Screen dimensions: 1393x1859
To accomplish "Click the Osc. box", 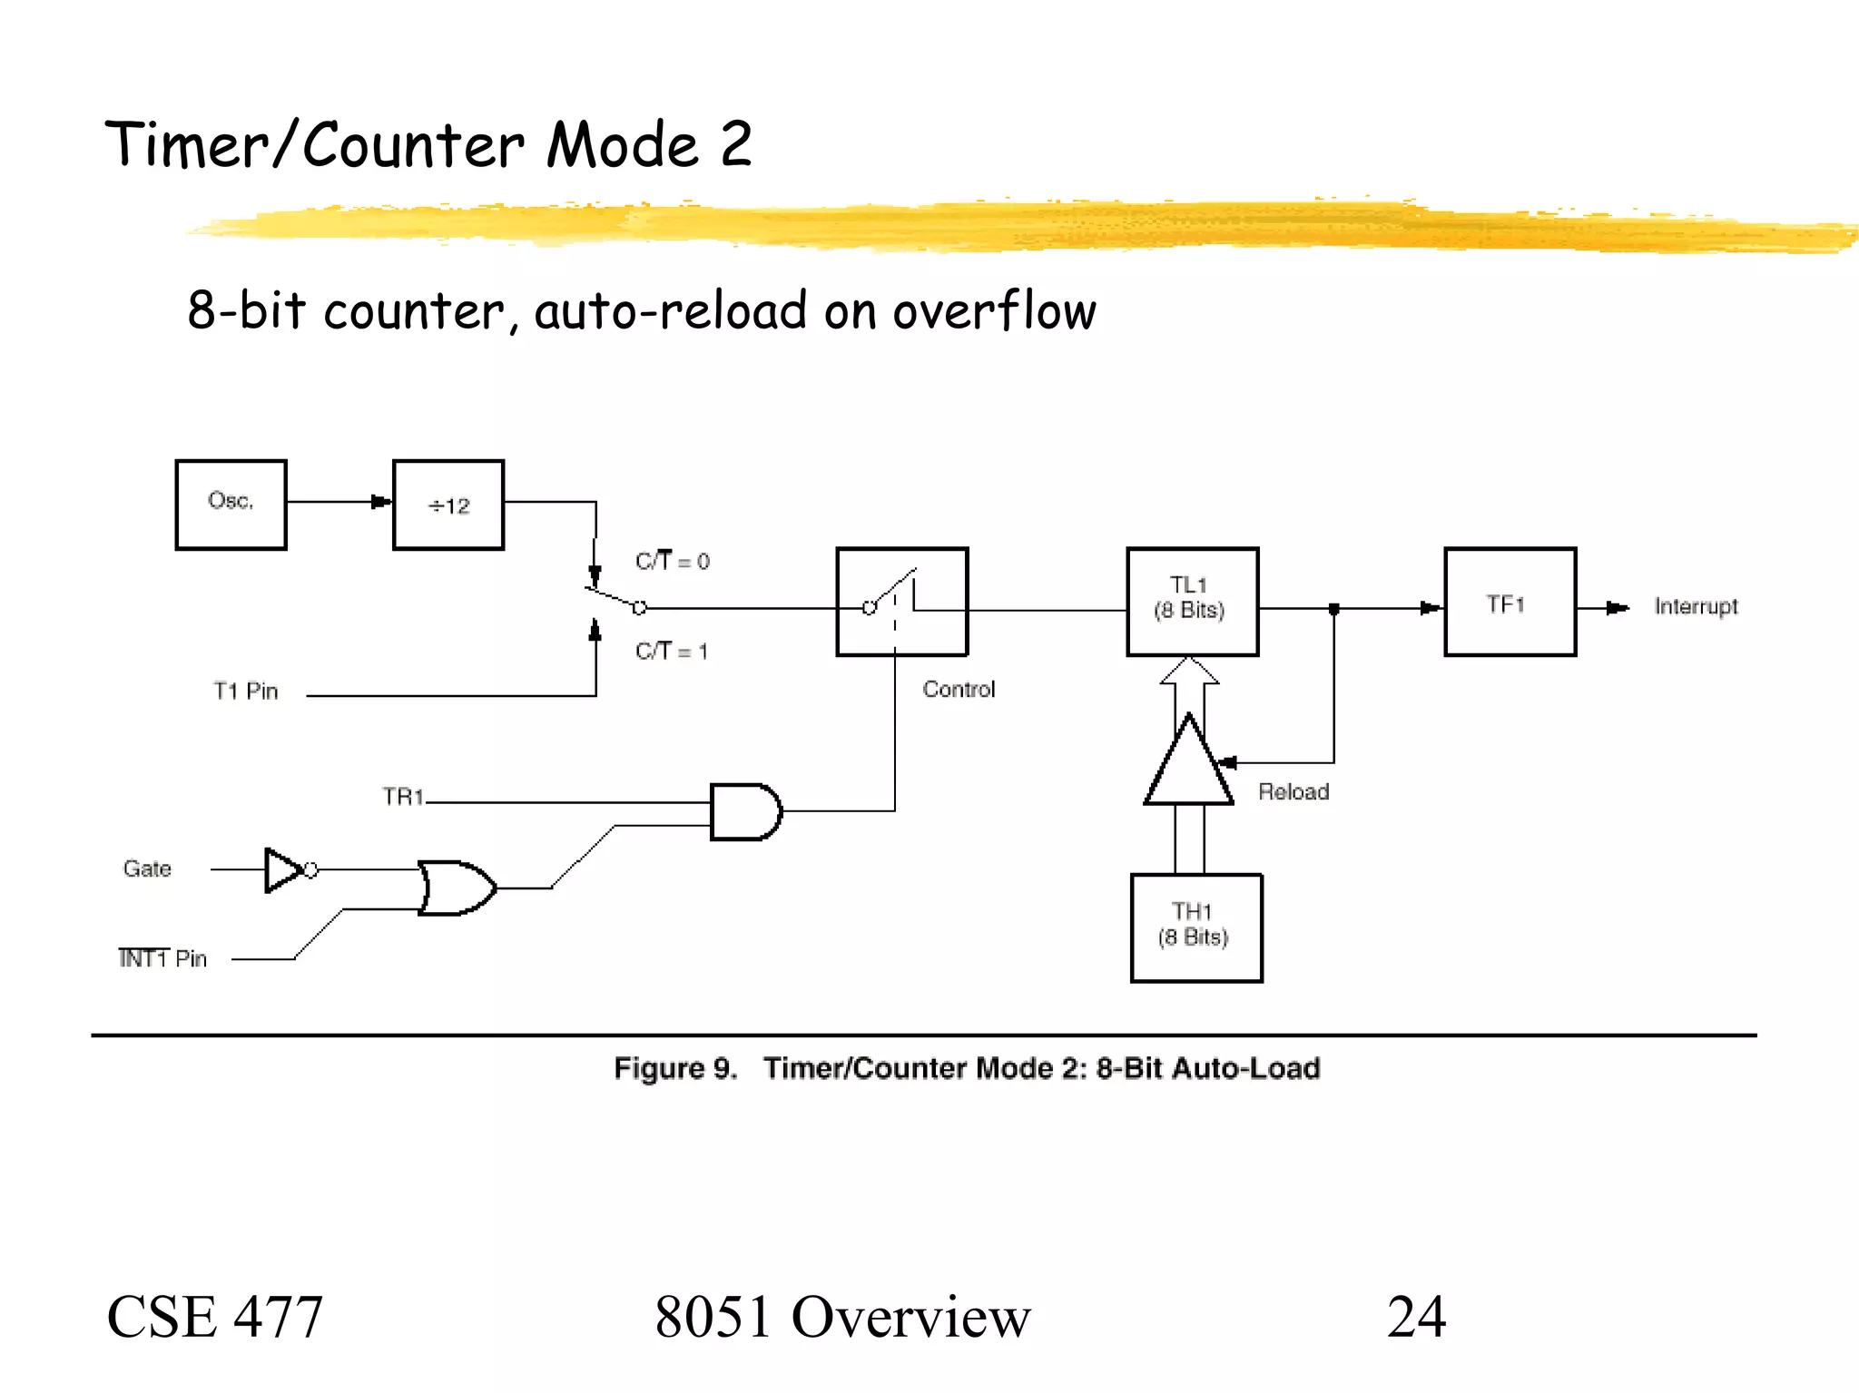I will tap(231, 505).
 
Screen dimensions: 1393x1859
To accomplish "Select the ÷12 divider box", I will tap(448, 505).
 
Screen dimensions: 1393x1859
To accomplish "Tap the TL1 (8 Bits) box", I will tap(1192, 601).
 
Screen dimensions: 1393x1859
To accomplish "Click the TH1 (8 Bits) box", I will tap(1195, 927).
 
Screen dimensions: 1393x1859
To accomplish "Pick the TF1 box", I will tap(1510, 602).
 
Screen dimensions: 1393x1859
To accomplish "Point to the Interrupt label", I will tap(1695, 606).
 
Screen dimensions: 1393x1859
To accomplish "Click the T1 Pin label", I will tap(245, 692).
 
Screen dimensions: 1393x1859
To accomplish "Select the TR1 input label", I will tap(403, 797).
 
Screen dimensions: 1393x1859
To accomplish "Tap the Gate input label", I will tap(147, 868).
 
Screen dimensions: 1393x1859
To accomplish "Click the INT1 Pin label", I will tap(162, 958).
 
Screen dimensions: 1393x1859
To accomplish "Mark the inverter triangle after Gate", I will tap(283, 869).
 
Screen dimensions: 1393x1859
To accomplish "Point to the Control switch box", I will tap(901, 602).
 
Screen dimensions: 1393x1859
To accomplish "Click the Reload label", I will tap(1293, 792).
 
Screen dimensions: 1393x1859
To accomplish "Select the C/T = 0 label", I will tap(672, 561).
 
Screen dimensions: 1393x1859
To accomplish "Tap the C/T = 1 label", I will tap(671, 651).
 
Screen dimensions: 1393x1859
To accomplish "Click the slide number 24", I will tap(1415, 1317).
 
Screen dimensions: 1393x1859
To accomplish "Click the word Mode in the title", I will tap(623, 145).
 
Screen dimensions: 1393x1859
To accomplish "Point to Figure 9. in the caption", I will tap(674, 1068).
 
